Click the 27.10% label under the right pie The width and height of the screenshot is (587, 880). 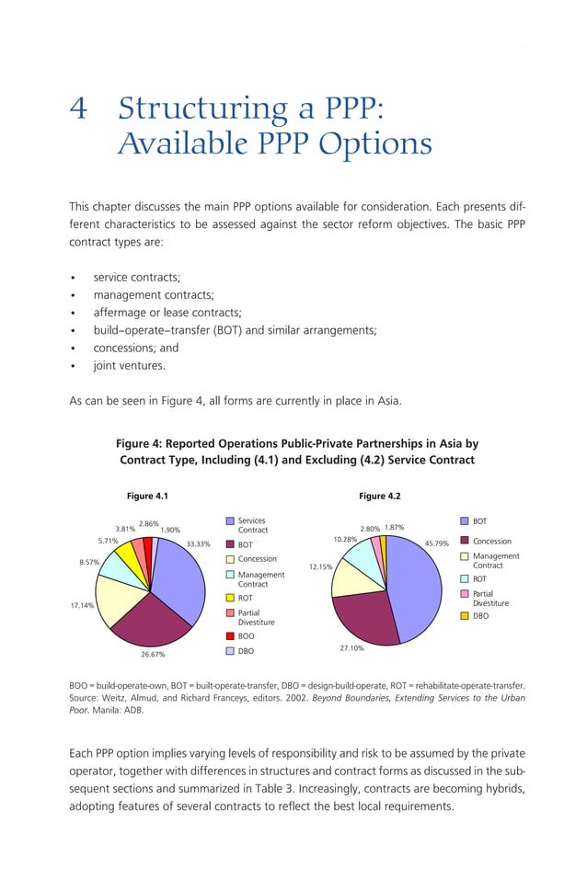[351, 648]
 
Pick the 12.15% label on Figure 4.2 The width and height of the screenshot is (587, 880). [320, 567]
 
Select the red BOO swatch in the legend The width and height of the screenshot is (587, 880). [231, 635]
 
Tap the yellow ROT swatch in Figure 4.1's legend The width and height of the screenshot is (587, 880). [231, 598]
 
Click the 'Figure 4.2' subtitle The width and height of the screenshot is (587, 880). [380, 497]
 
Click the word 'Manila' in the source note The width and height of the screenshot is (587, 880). [106, 710]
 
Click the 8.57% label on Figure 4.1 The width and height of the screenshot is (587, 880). [88, 562]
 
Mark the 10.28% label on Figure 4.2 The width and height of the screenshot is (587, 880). [345, 539]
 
